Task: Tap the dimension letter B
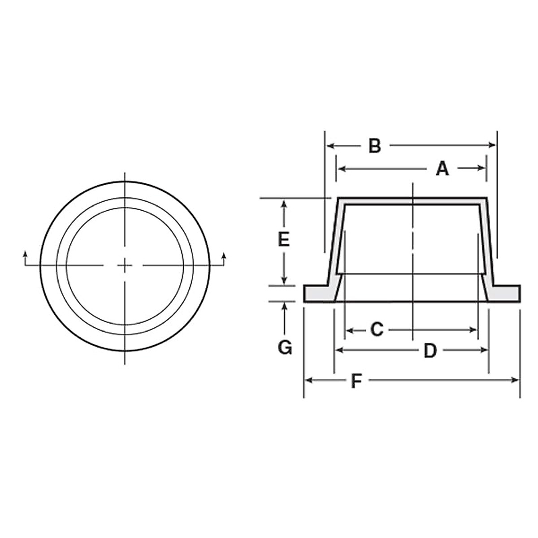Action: tap(374, 146)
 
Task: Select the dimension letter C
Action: tap(377, 330)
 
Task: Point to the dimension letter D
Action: tap(430, 351)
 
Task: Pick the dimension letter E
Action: tap(283, 240)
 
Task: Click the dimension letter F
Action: tap(356, 381)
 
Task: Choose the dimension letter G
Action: tap(285, 347)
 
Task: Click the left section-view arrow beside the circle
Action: tap(25, 255)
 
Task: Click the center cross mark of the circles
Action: tap(125, 266)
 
